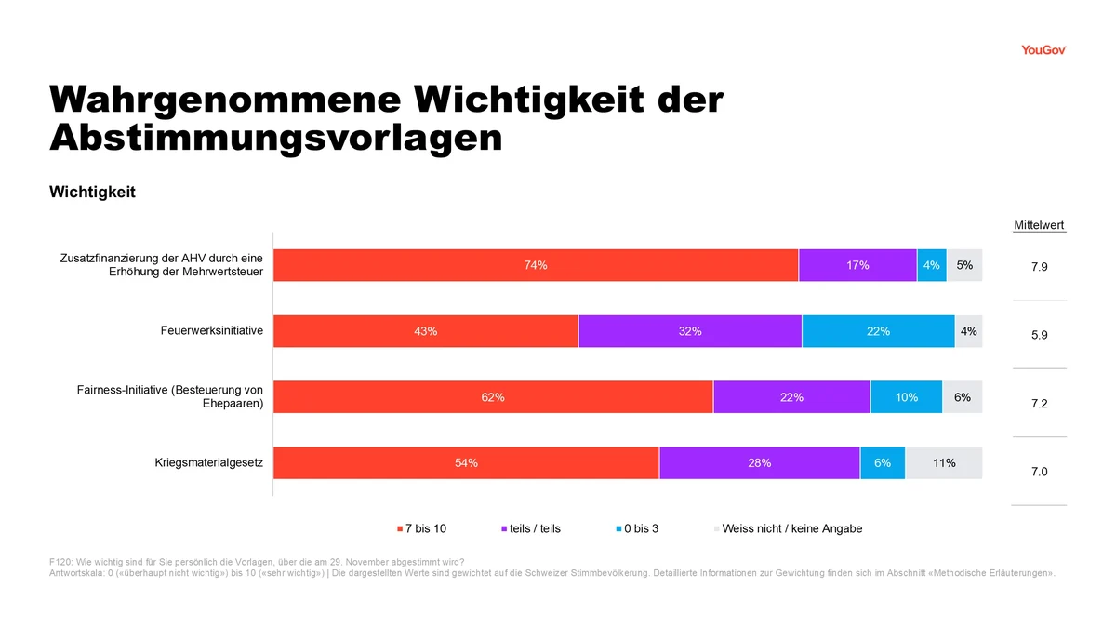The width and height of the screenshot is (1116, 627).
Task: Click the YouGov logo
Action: coord(1043,50)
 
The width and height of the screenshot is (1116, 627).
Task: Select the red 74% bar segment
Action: coord(536,265)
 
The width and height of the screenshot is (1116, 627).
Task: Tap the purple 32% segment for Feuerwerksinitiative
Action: coord(690,331)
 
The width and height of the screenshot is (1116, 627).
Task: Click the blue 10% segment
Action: coord(906,396)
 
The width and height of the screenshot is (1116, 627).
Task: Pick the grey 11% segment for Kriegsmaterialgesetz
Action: coord(944,463)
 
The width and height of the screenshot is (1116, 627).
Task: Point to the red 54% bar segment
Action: coord(466,463)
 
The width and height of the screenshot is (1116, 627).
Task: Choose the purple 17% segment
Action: coord(857,265)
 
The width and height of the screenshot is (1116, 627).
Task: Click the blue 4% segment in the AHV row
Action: coord(932,265)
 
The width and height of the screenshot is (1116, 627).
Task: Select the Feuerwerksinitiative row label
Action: coord(212,330)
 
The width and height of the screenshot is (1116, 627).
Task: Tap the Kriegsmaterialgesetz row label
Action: coord(208,462)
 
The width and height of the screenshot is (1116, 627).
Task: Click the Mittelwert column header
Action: coord(1039,225)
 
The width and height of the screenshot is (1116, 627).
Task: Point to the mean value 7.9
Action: coord(1040,267)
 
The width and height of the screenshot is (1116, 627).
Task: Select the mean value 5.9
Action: coord(1040,335)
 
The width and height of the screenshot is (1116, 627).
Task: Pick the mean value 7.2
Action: coord(1040,403)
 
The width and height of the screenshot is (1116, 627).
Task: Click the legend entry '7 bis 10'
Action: coord(421,528)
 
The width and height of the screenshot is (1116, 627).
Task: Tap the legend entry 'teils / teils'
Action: coord(531,528)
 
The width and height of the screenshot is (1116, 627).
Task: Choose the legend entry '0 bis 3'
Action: coord(637,528)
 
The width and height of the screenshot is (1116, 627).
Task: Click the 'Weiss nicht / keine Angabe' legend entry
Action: coord(788,528)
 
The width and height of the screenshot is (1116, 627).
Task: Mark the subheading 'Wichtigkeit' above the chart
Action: coord(92,192)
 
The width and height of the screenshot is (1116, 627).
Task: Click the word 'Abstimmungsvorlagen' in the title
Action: coord(276,138)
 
